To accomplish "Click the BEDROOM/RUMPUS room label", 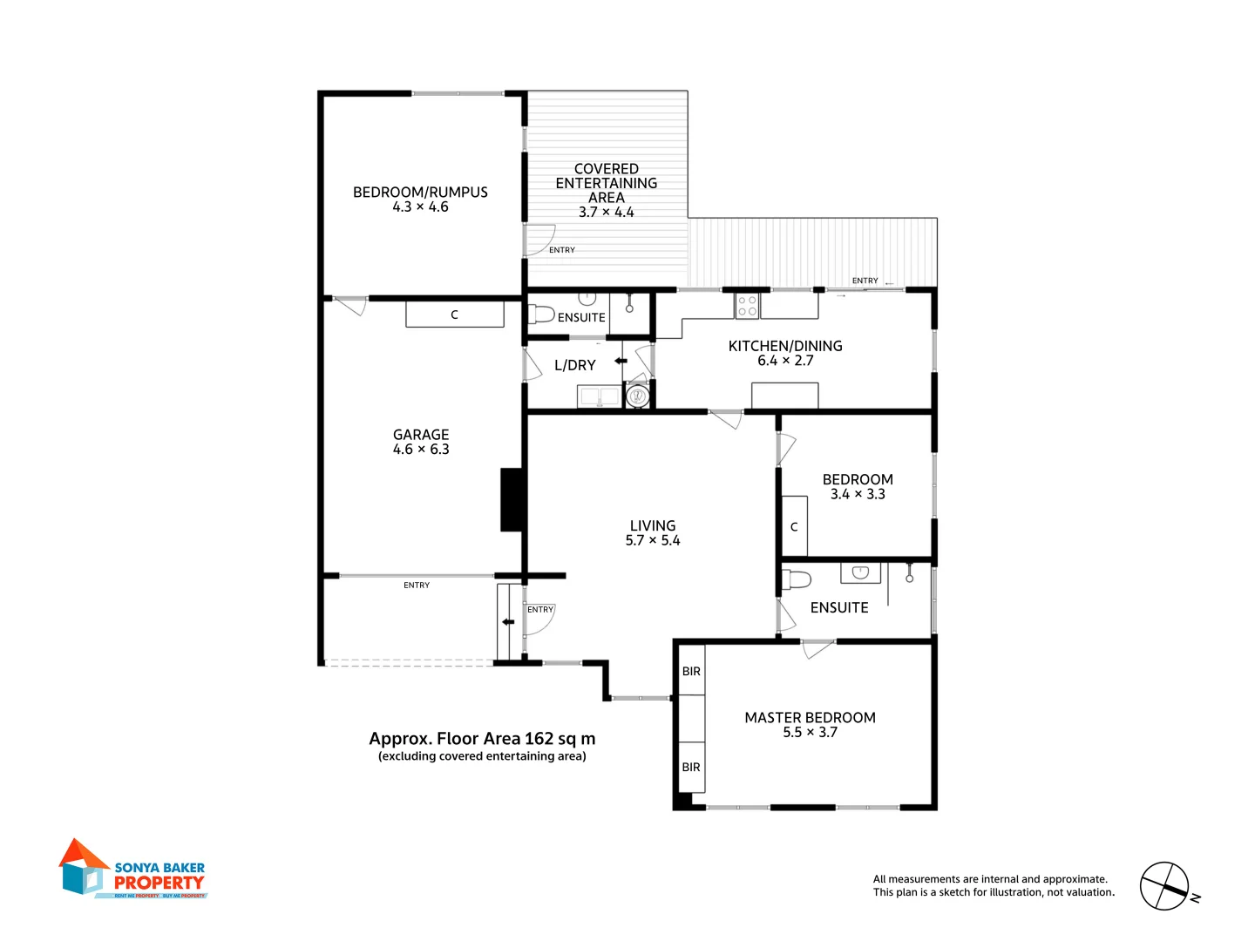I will [x=420, y=193].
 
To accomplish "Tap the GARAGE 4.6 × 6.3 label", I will [x=421, y=442].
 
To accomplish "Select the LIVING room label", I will [x=653, y=526].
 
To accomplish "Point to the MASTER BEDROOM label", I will [x=810, y=718].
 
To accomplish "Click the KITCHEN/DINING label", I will [x=785, y=346].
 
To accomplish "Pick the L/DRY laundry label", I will [x=575, y=366].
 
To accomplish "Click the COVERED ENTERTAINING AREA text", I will [x=607, y=183].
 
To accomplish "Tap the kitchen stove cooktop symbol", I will [x=747, y=306].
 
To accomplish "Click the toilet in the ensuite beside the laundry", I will [x=541, y=314].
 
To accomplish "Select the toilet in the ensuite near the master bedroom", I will [x=797, y=579].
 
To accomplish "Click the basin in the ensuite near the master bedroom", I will [x=860, y=572].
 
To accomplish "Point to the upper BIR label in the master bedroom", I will [x=691, y=672].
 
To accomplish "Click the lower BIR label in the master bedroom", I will [x=691, y=768].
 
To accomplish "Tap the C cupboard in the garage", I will [x=454, y=315].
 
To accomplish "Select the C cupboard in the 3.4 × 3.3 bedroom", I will [x=794, y=527].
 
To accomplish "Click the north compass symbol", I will [x=1165, y=887].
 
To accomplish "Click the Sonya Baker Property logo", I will [x=132, y=870].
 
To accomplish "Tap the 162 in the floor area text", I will [x=539, y=739].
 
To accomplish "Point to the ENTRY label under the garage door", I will [x=417, y=586].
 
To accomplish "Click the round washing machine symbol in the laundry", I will [x=637, y=396].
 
